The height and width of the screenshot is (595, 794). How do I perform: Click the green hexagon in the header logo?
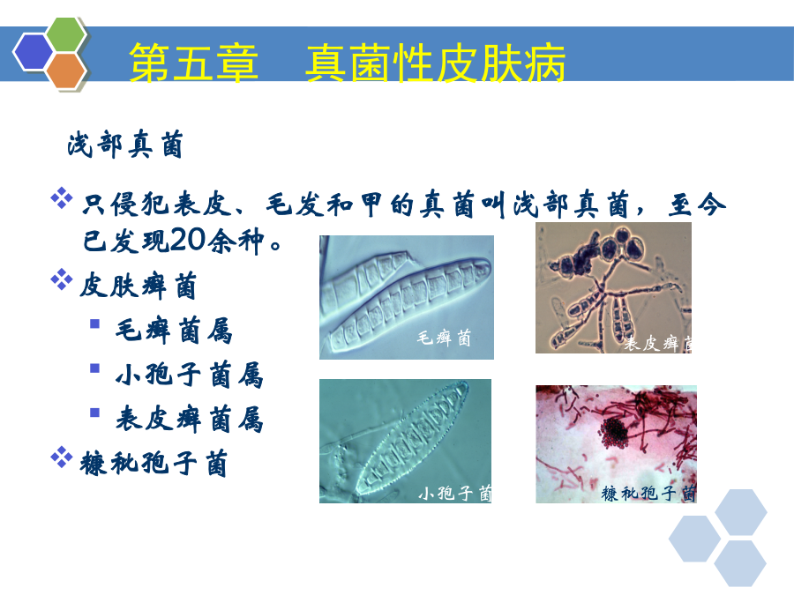pos(66,33)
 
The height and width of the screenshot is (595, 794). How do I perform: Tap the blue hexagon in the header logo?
pos(33,52)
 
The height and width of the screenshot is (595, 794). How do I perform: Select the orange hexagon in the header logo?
pos(66,71)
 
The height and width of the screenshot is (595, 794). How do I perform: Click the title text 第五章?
pos(193,63)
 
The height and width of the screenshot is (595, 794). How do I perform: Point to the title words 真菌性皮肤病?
pos(436,63)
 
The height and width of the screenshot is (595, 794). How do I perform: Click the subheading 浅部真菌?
pos(125,145)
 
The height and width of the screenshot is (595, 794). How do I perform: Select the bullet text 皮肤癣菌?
pos(139,286)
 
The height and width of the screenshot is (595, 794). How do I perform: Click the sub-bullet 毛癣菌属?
pos(174,331)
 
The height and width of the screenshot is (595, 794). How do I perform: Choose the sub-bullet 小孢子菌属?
pos(190,375)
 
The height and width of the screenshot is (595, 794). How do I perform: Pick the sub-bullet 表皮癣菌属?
pos(190,419)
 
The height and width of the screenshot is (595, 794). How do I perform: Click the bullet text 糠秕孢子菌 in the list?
pos(154,464)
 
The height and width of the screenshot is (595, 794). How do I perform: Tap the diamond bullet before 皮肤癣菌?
pos(62,279)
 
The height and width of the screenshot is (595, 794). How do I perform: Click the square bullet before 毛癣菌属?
pos(94,324)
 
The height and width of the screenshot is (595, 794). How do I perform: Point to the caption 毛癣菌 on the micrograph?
pos(444,338)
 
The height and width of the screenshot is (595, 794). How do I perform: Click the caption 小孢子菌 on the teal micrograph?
pos(454,492)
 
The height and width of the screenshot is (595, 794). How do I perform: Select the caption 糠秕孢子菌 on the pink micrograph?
pos(648,493)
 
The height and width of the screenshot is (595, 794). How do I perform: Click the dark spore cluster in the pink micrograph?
pos(614,433)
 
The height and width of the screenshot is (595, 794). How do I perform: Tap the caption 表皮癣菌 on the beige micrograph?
pos(658,344)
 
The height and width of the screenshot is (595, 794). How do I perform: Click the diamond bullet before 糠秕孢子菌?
pos(62,457)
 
